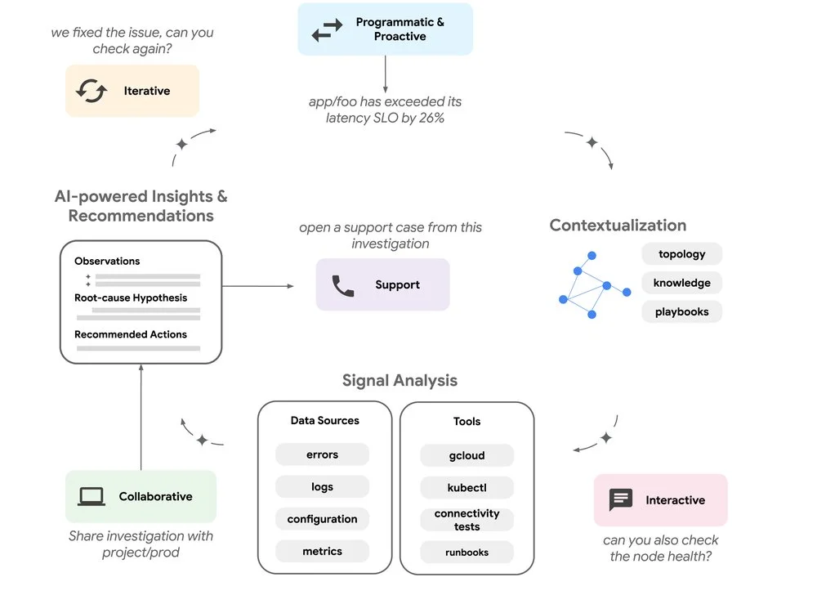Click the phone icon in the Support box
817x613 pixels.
point(343,285)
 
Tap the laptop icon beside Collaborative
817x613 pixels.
point(92,497)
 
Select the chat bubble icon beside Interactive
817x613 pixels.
point(621,500)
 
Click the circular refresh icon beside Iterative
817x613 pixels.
point(92,91)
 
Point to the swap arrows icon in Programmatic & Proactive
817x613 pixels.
point(328,29)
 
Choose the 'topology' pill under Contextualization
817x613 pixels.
point(681,254)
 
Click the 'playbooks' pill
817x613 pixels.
point(681,311)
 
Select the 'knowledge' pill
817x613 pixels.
point(681,283)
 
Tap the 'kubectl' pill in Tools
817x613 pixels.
point(467,487)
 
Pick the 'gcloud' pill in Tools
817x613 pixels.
point(467,455)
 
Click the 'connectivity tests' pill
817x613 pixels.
point(467,520)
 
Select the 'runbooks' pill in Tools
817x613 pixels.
point(467,552)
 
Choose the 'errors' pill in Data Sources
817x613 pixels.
point(322,454)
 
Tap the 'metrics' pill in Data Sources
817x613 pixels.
point(322,551)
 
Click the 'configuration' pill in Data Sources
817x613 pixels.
point(322,519)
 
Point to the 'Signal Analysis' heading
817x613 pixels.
point(400,381)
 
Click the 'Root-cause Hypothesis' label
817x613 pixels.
point(131,298)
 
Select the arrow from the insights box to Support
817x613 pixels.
point(258,285)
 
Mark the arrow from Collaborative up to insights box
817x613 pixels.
point(141,417)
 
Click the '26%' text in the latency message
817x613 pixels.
point(431,118)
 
